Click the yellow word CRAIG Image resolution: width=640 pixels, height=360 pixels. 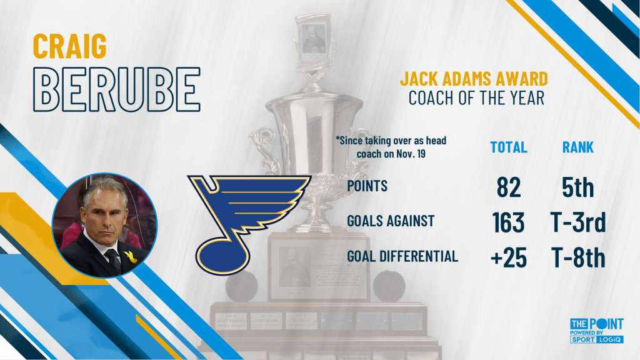coord(70,46)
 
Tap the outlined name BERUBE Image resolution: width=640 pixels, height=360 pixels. coord(117,89)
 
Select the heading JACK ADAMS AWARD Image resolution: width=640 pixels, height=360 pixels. coord(474,79)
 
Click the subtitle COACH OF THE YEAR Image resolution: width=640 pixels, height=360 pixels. coord(476,98)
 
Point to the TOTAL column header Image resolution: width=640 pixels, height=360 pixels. coord(509,147)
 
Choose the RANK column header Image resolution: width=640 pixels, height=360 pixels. coord(578,147)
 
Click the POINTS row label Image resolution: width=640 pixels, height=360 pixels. coord(367,186)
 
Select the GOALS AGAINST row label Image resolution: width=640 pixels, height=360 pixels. coord(391,221)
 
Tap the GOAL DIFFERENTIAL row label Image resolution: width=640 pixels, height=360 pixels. coord(402,256)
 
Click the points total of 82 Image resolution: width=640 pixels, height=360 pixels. coord(509,187)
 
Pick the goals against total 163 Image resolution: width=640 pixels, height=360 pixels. coord(508,222)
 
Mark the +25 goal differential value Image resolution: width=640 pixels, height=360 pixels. coord(509,258)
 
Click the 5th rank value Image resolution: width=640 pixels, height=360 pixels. coord(578,187)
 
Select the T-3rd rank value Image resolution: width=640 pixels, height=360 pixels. coord(578,222)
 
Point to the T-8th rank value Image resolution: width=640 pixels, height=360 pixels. coord(578,258)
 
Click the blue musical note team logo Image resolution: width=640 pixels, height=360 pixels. coord(245,222)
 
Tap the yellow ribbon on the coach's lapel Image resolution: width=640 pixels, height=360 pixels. coord(130,257)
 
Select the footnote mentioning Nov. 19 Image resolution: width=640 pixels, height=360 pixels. coord(391,147)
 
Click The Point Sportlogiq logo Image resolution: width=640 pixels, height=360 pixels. coord(597,331)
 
